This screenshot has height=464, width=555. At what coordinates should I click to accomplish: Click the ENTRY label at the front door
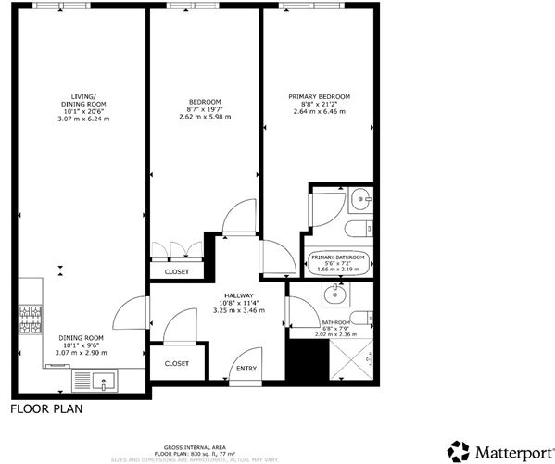(x=246, y=369)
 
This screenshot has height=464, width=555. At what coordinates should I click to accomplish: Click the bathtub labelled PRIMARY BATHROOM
(x=339, y=263)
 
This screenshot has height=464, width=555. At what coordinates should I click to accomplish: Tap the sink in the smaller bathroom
(x=334, y=296)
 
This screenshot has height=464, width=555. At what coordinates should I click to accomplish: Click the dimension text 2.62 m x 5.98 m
(x=205, y=119)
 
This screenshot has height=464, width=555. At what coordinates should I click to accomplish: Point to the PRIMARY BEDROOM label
(x=320, y=96)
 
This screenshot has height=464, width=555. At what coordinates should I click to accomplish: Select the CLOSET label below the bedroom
(x=177, y=271)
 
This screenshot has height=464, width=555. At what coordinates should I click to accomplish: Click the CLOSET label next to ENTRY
(x=177, y=364)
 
